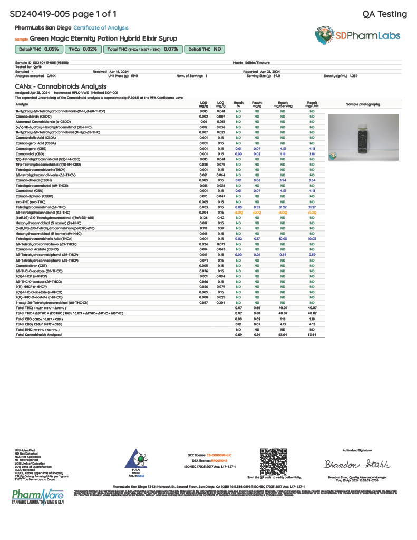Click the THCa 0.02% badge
coord(83,49)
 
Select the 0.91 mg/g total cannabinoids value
coord(257,335)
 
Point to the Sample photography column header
coord(363,104)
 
